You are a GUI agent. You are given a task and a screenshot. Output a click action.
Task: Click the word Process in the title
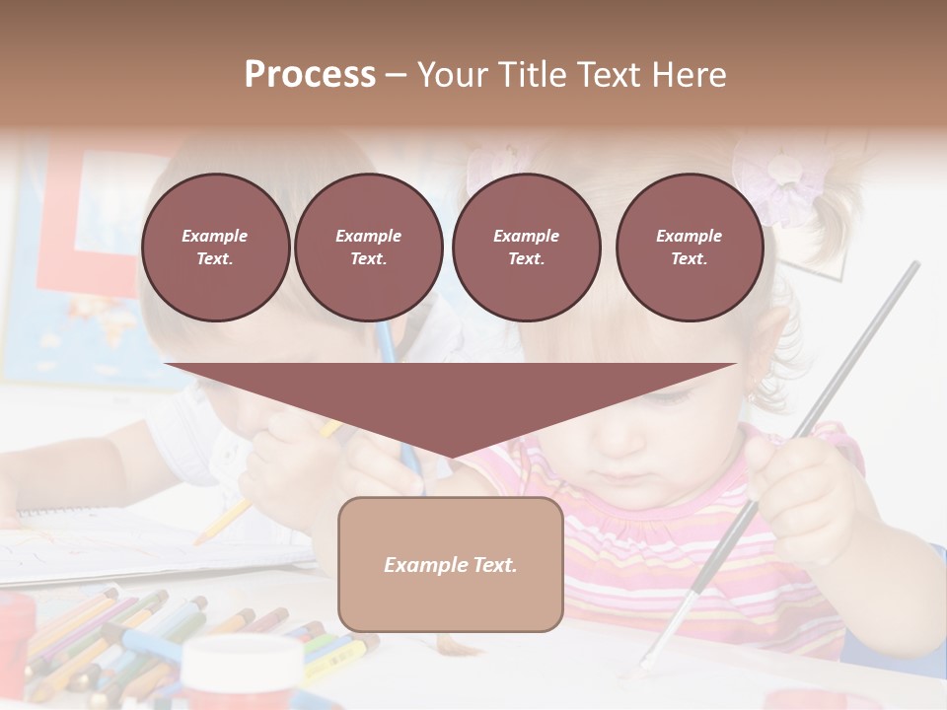[x=310, y=75]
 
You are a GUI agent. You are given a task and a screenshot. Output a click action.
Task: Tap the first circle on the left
[x=215, y=248]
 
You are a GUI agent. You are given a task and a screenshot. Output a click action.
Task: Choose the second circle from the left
[x=368, y=248]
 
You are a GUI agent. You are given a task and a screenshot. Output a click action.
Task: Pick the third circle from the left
[x=526, y=248]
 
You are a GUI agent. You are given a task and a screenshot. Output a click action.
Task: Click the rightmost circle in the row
[x=689, y=248]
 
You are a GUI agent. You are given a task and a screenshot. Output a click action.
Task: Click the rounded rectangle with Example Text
[x=450, y=564]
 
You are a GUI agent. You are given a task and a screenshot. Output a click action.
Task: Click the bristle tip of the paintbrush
[x=644, y=662]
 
